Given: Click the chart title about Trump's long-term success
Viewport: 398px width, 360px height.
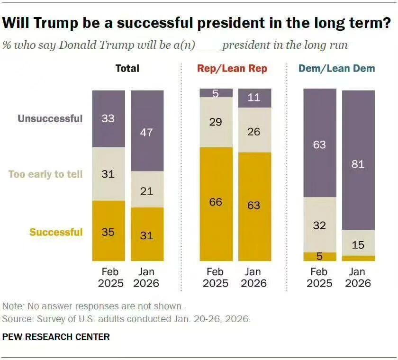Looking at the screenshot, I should (x=197, y=22).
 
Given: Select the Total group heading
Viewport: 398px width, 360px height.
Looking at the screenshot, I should (x=127, y=68).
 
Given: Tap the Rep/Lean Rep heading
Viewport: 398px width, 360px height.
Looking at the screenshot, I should (x=232, y=68).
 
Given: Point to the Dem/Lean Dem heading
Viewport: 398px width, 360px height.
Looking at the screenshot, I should (x=336, y=68).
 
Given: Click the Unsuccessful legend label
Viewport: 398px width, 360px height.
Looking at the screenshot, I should (x=50, y=118).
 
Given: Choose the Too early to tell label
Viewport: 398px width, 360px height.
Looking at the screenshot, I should (x=45, y=174).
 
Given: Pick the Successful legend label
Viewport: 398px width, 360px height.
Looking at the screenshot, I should (x=56, y=232).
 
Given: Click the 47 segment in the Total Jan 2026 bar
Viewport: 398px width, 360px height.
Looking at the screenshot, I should (x=147, y=132).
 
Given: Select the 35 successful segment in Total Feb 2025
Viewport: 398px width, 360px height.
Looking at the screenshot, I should (x=109, y=232).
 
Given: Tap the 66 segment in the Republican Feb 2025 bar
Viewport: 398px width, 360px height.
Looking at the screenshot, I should (x=216, y=202).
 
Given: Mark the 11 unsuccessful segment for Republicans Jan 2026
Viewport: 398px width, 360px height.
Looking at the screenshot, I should (x=254, y=98).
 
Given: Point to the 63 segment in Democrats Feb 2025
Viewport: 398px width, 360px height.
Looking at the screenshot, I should (x=320, y=144).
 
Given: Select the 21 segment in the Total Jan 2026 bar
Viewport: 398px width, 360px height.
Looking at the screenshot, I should (x=147, y=190).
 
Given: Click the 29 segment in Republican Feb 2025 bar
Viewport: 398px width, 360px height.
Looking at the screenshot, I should (x=216, y=122).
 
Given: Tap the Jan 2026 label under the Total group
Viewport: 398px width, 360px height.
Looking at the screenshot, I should (x=146, y=278).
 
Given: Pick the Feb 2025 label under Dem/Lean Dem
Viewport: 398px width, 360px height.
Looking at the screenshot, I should (x=319, y=278).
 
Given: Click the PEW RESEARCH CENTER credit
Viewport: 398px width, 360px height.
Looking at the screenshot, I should (x=56, y=337).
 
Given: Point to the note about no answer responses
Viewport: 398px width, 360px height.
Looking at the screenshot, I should (x=93, y=306).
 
